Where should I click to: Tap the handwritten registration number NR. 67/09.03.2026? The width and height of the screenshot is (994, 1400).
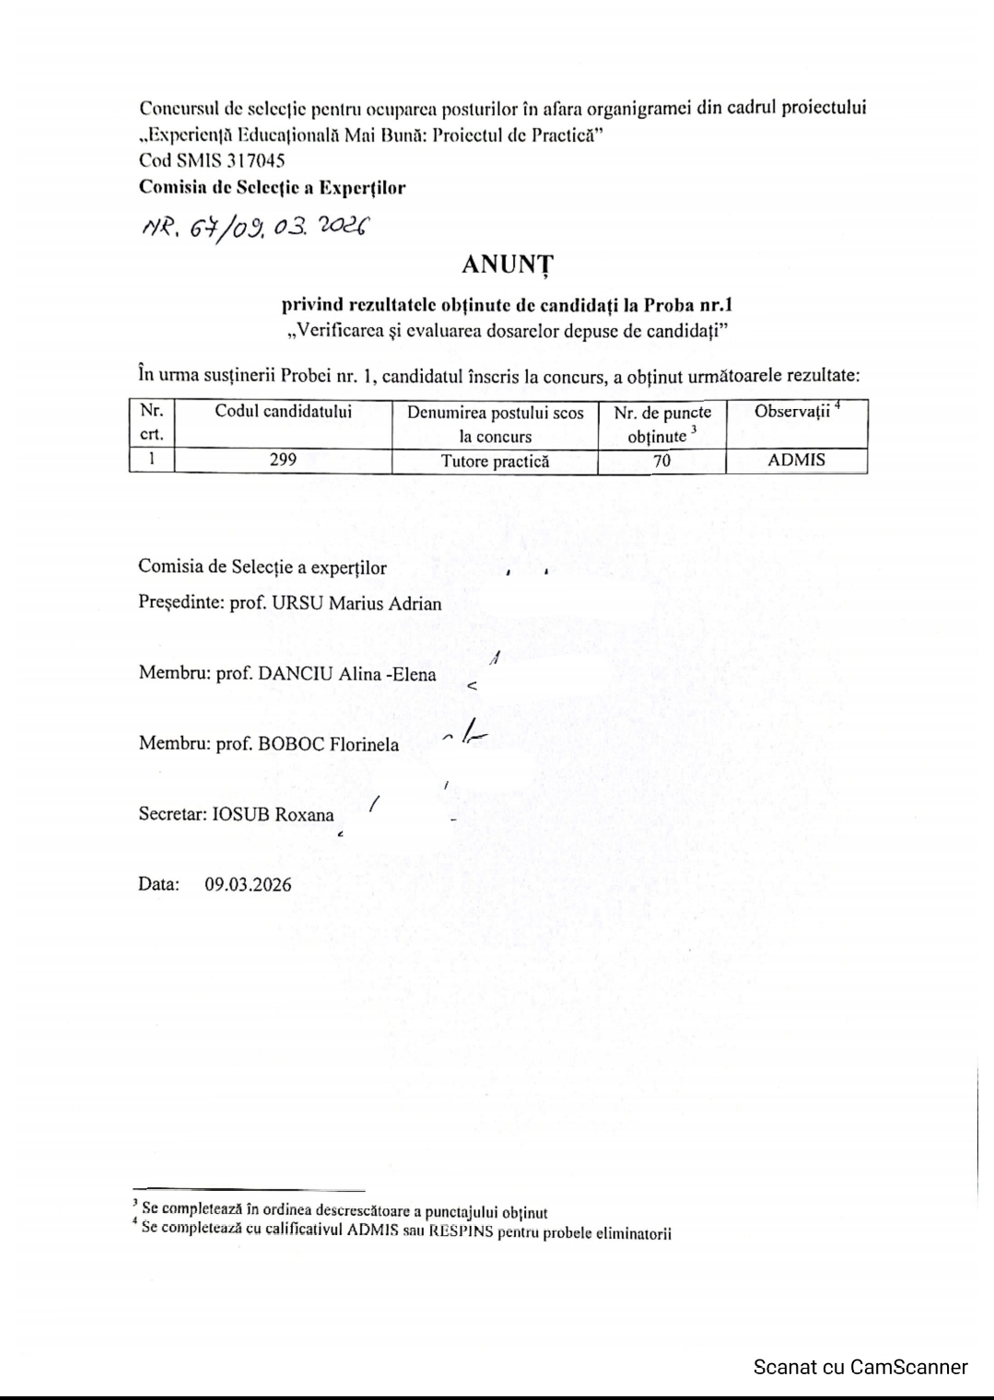click(x=254, y=227)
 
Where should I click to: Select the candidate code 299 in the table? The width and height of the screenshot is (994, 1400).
click(x=283, y=461)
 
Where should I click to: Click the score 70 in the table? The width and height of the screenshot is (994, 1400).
click(x=661, y=461)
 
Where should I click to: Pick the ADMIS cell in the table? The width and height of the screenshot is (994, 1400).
click(x=796, y=461)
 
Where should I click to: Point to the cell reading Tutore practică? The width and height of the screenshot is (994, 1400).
click(x=495, y=461)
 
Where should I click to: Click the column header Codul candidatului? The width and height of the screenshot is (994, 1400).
click(x=283, y=412)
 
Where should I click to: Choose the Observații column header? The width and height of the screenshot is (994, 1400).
click(x=792, y=412)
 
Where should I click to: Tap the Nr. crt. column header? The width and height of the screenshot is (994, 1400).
click(x=151, y=423)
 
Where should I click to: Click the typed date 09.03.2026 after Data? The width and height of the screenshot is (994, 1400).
click(x=248, y=885)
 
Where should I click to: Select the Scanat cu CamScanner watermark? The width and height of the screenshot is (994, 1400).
click(x=860, y=1367)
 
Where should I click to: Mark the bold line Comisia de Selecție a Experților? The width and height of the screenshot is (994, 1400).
click(x=272, y=188)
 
